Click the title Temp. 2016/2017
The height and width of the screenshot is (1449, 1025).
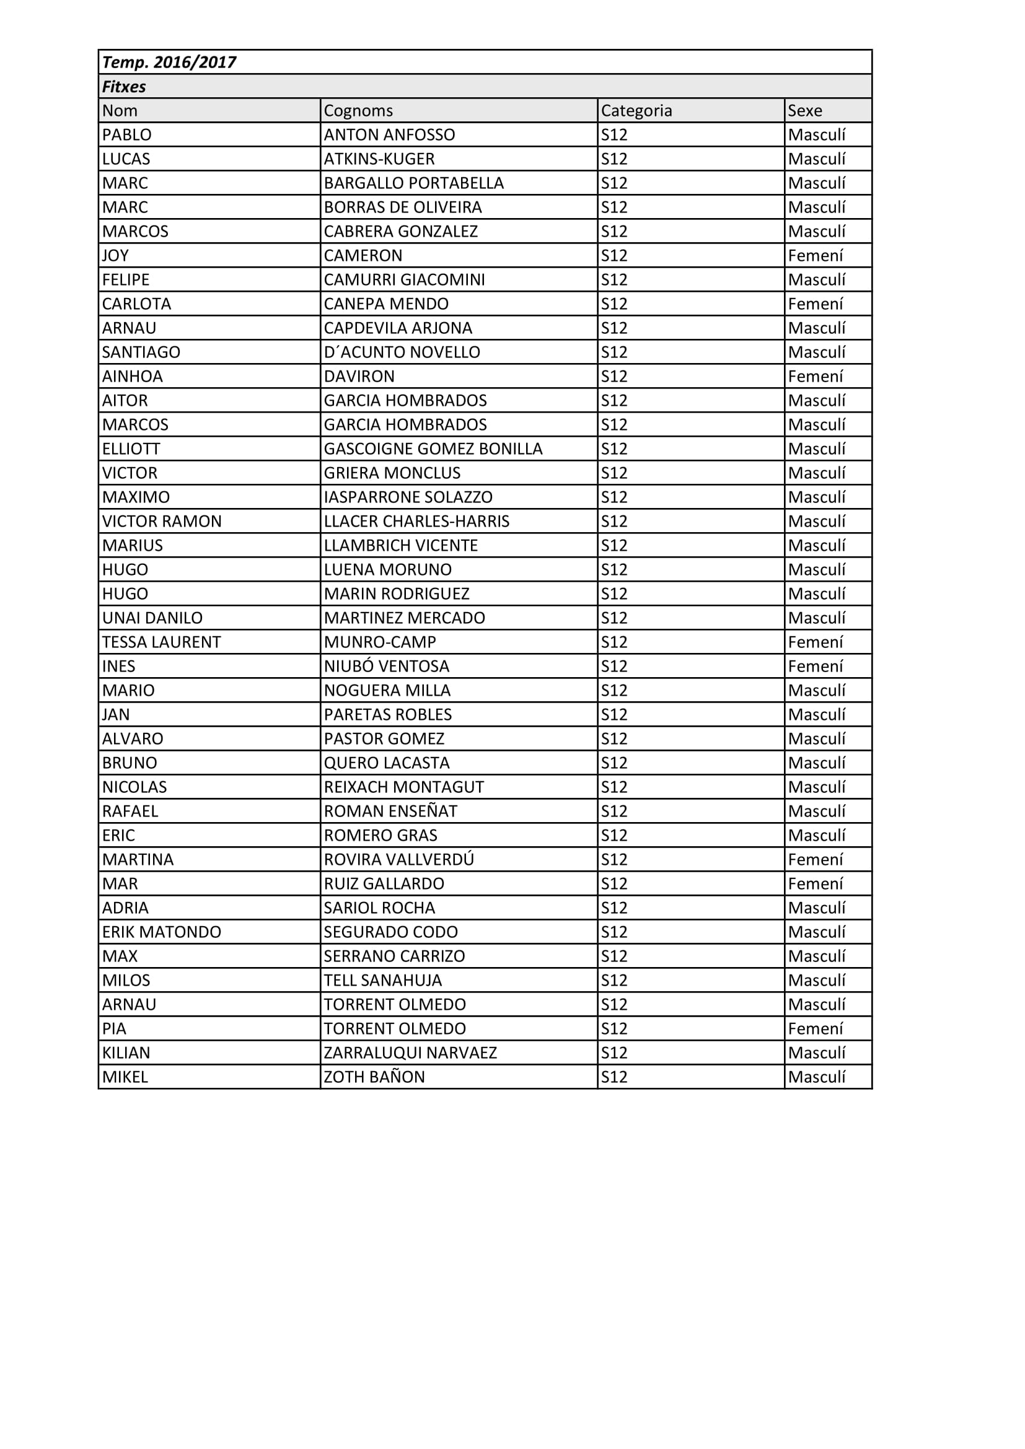169,62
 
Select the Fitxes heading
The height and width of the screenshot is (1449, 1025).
125,87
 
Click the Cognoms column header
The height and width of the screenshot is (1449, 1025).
358,110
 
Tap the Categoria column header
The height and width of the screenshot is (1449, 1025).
636,110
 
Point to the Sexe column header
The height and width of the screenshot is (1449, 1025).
805,110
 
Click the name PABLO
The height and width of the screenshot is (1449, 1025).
127,134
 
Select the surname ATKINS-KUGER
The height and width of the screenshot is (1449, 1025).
379,159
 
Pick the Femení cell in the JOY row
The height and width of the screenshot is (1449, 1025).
816,256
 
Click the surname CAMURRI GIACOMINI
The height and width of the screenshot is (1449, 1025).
405,279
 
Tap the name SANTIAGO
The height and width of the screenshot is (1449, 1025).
141,352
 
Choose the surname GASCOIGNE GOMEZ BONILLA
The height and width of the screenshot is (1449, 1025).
433,449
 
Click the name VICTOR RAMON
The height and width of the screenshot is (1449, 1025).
162,521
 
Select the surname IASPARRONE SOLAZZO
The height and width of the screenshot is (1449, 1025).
408,497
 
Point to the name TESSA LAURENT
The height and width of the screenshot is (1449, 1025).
162,642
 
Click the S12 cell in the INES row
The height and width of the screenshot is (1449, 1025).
614,666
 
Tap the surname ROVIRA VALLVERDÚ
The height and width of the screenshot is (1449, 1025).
399,860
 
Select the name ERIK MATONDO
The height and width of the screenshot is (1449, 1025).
162,932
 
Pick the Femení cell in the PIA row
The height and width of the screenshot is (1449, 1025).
816,1029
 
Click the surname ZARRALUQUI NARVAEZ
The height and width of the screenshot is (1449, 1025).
410,1053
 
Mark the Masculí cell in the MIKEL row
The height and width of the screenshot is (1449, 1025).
817,1077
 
